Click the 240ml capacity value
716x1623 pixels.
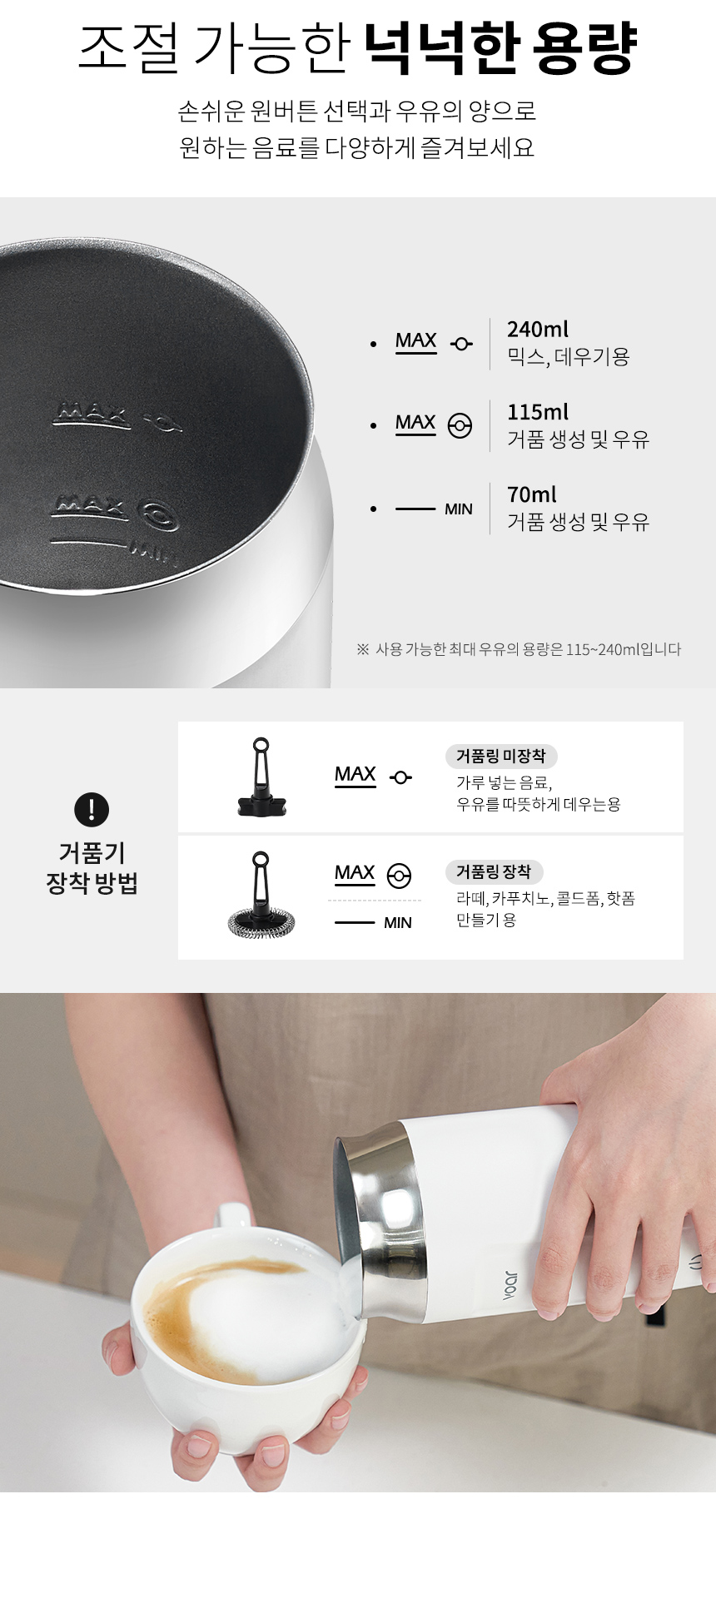tap(538, 330)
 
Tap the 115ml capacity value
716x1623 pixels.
tap(538, 412)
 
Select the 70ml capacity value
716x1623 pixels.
tap(532, 494)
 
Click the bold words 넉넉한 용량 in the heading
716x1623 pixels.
tap(501, 49)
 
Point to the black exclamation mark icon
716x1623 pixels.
tap(92, 809)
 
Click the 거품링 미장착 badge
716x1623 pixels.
tap(501, 756)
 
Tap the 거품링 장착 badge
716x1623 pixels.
tap(494, 871)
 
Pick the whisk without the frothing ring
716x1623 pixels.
tap(261, 777)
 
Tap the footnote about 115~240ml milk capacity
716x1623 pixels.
tap(519, 649)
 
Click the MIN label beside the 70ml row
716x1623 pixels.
tap(459, 509)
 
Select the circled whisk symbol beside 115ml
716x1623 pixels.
tap(460, 425)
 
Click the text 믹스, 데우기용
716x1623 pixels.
tap(569, 357)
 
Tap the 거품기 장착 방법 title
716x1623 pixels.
tap(92, 867)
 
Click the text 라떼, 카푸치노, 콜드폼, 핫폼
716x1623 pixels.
tap(545, 898)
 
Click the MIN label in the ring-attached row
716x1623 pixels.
tap(398, 922)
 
